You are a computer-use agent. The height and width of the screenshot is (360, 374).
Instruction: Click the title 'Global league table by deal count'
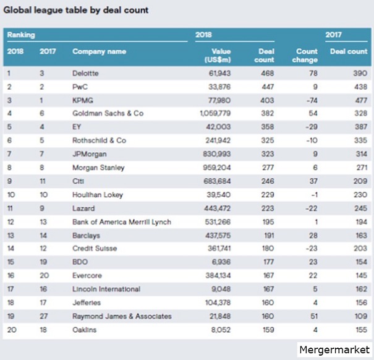tap(76, 11)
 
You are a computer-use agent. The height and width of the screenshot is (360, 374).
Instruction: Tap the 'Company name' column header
tap(100, 51)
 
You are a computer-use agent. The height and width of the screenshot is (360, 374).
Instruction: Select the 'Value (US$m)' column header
tap(218, 56)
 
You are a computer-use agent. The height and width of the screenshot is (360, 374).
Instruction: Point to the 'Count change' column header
tap(305, 56)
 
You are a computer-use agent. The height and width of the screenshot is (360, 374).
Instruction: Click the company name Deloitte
tap(85, 73)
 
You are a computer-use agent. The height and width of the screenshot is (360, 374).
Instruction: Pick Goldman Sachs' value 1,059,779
tap(215, 113)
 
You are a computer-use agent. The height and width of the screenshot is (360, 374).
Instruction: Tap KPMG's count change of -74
tap(312, 100)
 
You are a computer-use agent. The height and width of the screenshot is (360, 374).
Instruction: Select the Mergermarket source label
tap(334, 349)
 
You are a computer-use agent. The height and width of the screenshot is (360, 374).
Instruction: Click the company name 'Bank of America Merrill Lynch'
tap(122, 222)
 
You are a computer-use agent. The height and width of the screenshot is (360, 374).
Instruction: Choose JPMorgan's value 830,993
tap(217, 154)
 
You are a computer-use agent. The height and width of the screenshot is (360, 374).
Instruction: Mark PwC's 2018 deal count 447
tap(268, 87)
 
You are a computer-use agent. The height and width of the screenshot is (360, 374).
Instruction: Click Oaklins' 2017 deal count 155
tap(361, 330)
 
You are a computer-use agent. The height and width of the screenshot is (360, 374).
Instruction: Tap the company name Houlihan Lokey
tap(98, 195)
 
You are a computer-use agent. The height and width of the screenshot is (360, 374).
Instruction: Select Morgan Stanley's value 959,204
tap(217, 168)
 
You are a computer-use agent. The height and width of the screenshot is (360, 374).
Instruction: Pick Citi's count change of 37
tap(313, 181)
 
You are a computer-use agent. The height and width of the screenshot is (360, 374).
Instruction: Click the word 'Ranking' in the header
tap(21, 35)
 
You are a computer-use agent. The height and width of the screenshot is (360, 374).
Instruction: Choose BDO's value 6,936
tap(221, 262)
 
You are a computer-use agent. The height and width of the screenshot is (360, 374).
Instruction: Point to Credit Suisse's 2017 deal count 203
tap(360, 248)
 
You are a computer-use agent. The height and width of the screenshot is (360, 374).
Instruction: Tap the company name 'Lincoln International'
tap(106, 289)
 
